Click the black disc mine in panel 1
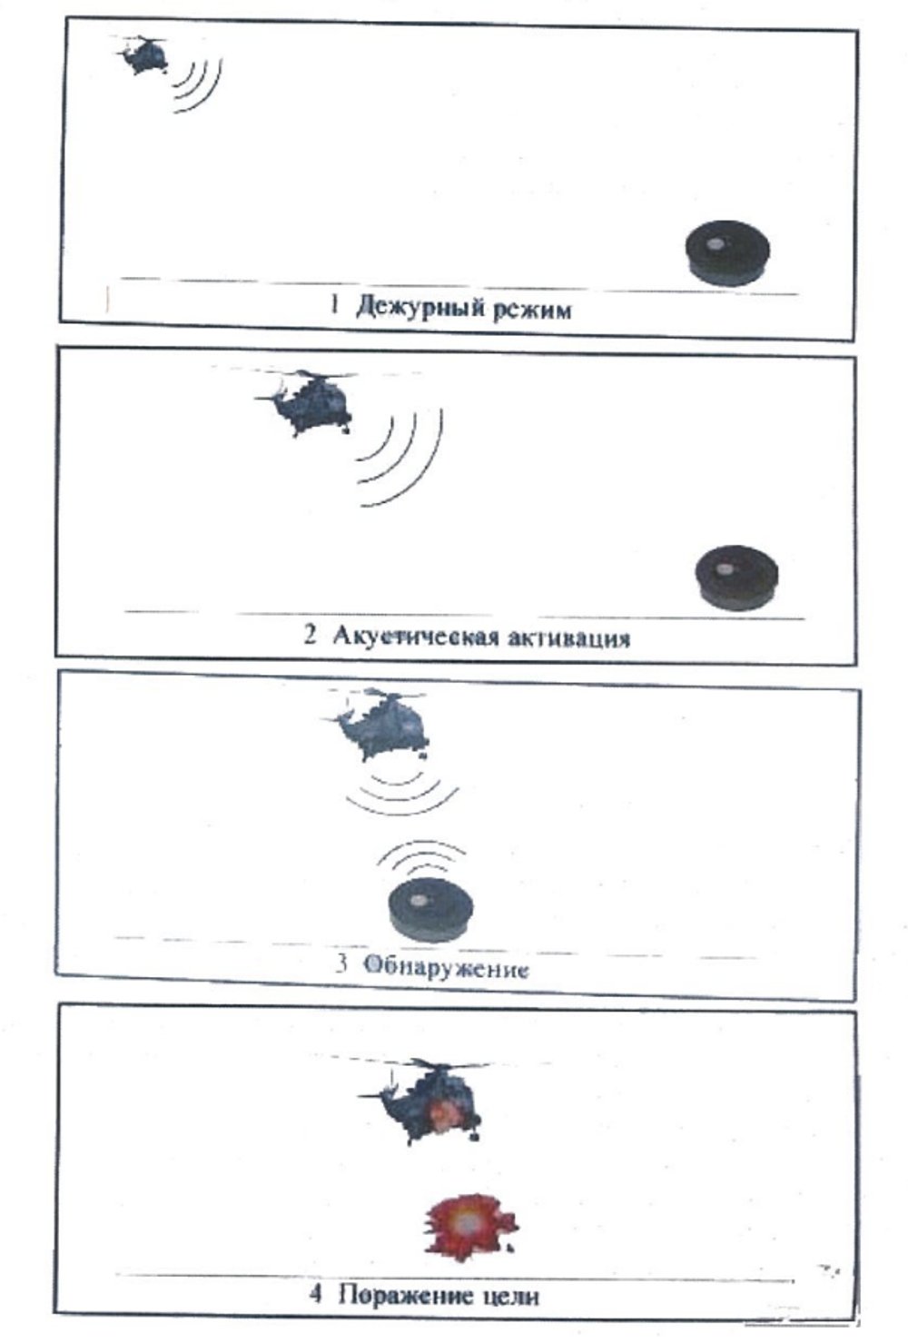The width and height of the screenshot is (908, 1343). pos(727,252)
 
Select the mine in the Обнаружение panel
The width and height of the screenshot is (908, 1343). pos(431,907)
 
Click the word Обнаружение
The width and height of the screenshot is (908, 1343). pos(446,967)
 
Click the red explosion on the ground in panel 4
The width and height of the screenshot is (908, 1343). pos(468,1227)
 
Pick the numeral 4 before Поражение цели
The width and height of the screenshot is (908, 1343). pos(315,1294)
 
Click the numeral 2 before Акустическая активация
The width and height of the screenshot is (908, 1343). pos(311,635)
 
